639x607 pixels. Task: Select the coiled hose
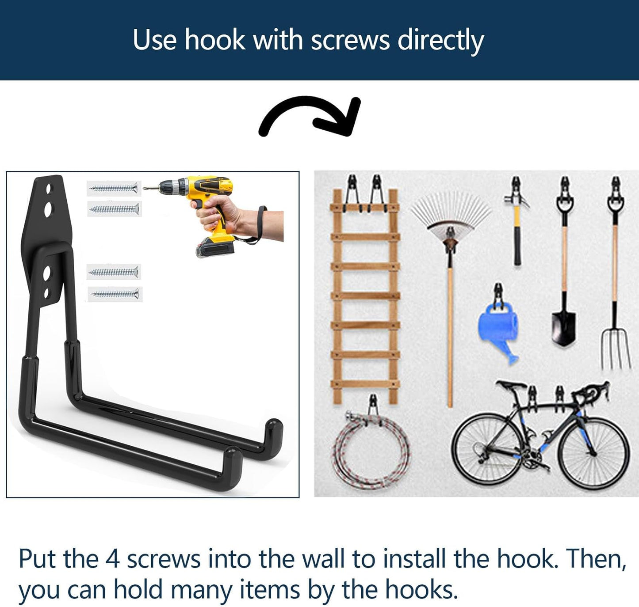(371, 451)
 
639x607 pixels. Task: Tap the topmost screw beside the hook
(114, 189)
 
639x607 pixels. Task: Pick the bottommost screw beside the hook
(115, 294)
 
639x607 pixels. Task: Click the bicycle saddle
(510, 385)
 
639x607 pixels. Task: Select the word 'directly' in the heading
(440, 40)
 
